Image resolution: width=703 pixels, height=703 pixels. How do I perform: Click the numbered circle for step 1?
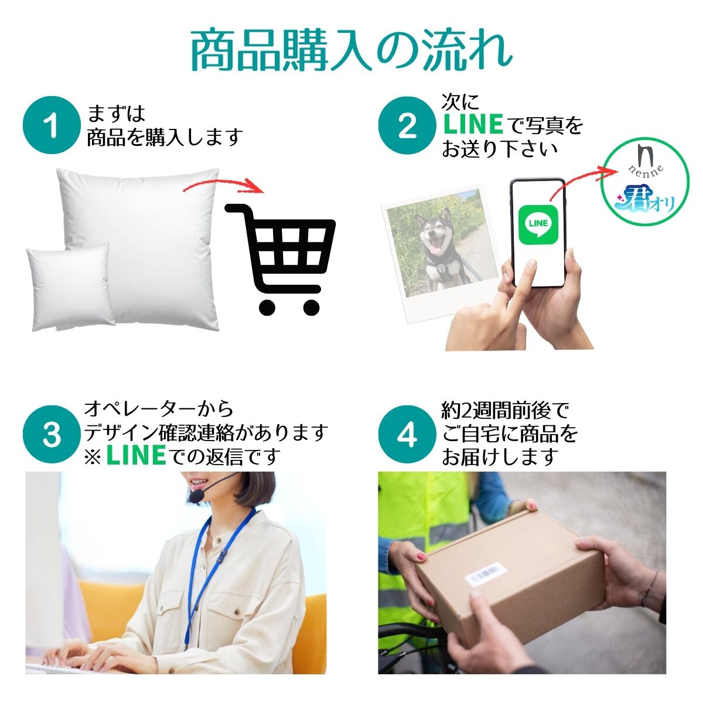52,125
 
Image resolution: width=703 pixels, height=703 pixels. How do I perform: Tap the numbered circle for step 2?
407,125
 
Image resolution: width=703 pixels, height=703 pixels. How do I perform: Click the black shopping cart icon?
280,259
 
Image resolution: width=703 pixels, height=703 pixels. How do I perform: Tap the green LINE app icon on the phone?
538,224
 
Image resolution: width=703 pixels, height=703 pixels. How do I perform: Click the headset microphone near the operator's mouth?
197,497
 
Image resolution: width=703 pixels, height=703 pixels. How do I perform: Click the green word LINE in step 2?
473,124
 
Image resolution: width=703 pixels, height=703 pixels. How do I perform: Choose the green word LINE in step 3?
136,455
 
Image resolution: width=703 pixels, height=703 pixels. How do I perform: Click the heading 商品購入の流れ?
351,52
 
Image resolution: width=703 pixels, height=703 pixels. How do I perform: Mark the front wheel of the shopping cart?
267,307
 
